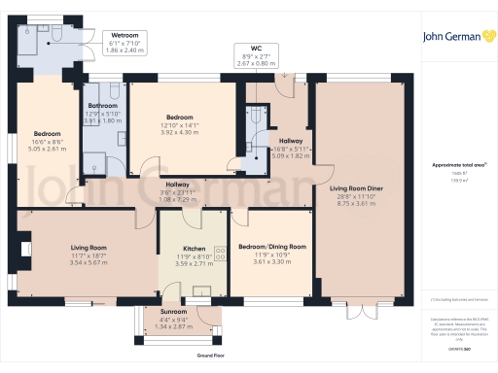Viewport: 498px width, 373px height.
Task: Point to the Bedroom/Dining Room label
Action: point(272,247)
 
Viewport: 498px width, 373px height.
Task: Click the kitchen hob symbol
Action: point(219,254)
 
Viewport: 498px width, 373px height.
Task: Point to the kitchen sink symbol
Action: point(203,289)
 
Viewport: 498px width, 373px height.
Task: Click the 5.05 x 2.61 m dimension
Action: point(49,151)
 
